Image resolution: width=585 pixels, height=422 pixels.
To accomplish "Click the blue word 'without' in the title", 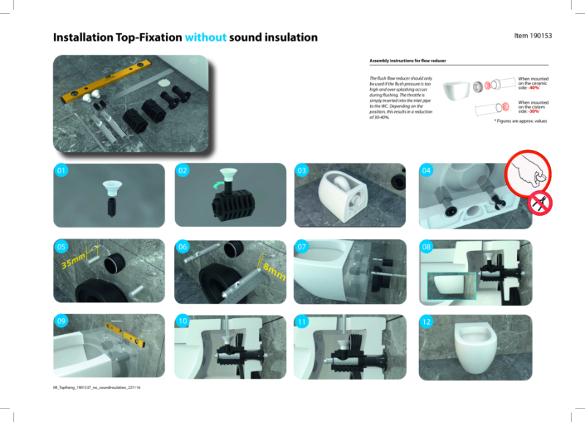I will click(205, 37).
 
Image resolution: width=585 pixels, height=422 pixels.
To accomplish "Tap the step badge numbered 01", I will click(61, 171).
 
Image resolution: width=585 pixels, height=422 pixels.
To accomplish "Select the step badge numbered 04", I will click(427, 171).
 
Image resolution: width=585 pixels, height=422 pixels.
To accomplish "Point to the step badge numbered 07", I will click(302, 247).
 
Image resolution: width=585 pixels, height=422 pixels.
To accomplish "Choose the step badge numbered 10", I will click(183, 321).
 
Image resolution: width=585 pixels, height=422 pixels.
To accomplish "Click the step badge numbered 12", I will click(427, 321).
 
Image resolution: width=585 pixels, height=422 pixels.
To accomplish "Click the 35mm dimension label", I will click(73, 258).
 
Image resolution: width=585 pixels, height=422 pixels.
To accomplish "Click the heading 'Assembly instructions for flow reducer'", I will click(408, 62).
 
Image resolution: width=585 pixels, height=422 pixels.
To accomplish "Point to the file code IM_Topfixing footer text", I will click(91, 388).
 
